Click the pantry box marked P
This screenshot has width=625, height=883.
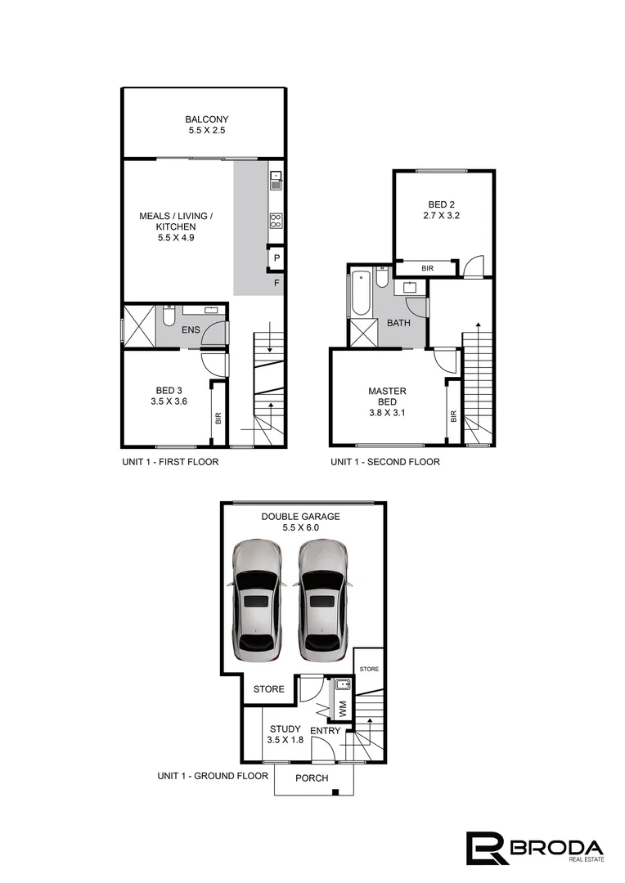(277, 259)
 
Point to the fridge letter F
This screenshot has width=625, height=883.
(277, 284)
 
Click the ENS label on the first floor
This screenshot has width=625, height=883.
(191, 330)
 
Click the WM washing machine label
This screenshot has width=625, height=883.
(343, 708)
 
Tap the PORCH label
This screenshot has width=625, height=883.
(312, 778)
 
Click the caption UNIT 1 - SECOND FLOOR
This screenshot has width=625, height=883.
(384, 462)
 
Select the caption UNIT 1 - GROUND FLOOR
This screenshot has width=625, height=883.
(213, 775)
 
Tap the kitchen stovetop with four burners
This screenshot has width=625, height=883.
(277, 219)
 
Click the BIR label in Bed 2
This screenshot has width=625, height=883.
(427, 268)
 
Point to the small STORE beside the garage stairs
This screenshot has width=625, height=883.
(370, 669)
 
